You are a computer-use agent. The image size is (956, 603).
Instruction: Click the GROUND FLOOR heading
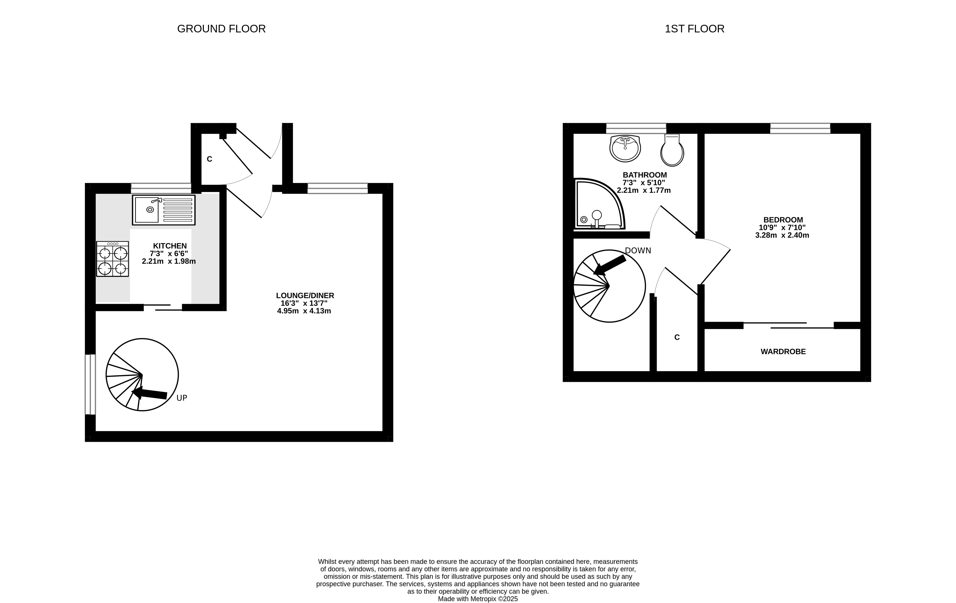coord(221,29)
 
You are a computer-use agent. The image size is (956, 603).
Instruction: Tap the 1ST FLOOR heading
coord(694,29)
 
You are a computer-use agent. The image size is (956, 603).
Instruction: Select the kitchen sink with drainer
coord(164,210)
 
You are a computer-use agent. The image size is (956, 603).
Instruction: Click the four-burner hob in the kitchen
coord(112,259)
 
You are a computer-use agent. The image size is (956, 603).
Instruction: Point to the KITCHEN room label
coord(170,246)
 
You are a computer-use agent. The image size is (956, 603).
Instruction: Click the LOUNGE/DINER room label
coord(305,296)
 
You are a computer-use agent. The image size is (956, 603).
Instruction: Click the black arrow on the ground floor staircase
coord(149,394)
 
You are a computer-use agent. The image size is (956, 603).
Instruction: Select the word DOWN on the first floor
coord(638,250)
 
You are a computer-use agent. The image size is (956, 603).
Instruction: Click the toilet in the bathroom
coord(672,150)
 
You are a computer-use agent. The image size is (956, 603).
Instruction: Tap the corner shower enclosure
coord(599,204)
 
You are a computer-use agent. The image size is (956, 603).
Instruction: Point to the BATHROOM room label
coord(645,175)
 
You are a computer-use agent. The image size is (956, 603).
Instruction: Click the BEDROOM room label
coord(783,220)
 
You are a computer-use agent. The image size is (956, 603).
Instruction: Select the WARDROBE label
coord(783,352)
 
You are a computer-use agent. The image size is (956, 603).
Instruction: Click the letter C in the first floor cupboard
coord(677,337)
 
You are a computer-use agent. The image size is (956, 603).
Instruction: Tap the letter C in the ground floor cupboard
coord(210,159)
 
